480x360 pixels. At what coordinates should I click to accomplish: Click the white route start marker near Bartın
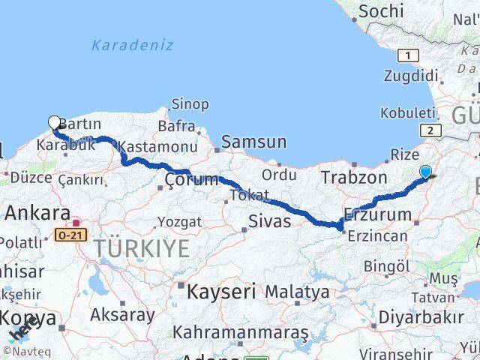click(54, 122)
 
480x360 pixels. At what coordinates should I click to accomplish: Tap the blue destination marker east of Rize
click(425, 172)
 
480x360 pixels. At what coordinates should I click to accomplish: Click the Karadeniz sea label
click(132, 45)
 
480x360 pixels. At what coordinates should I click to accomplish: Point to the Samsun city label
click(253, 141)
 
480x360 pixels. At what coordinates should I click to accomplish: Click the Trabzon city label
click(354, 178)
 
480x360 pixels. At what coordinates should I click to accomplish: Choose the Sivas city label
click(269, 220)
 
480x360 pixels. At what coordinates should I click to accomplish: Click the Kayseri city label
click(221, 291)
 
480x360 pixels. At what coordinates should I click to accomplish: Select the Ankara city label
click(37, 212)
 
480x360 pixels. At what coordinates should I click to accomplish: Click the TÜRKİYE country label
click(141, 248)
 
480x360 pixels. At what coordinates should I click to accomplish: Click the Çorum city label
click(191, 179)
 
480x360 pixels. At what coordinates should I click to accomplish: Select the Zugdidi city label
click(410, 76)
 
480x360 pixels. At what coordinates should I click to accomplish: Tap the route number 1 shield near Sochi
click(408, 55)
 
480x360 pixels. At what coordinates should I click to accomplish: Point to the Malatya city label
click(297, 291)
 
